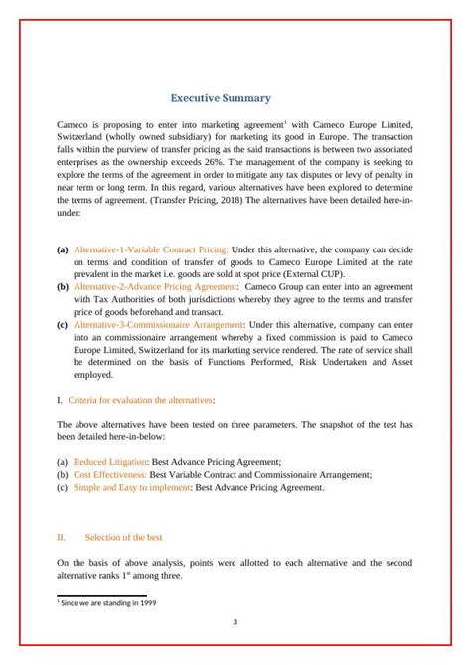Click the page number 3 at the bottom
pos(235,623)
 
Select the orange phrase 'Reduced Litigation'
pos(108,462)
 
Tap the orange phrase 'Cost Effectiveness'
pos(109,475)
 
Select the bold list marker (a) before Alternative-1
pos(63,249)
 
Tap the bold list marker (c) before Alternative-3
pos(63,324)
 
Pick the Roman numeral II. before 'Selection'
pos(62,538)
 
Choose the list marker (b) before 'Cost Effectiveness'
pos(63,475)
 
